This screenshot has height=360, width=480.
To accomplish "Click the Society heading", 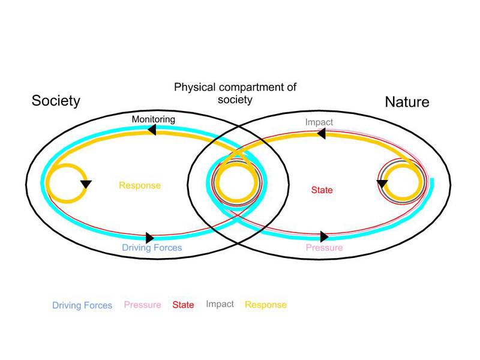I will [x=56, y=100].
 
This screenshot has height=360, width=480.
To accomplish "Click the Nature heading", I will [x=407, y=102].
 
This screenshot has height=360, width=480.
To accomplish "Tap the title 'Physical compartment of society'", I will [x=235, y=93].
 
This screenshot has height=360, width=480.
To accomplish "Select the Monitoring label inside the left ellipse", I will [x=154, y=119].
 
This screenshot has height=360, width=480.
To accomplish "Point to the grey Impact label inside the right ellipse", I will [x=319, y=122].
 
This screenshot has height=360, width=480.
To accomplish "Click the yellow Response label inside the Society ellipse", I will [x=139, y=185].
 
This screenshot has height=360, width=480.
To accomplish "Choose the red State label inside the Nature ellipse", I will [x=322, y=190].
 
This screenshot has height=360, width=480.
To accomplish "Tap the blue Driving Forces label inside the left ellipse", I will [x=152, y=247].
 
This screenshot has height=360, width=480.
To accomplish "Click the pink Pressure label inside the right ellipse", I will [x=324, y=247].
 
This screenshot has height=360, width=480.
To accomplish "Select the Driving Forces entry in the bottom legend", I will [x=82, y=305].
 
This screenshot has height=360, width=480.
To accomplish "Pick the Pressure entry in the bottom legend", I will [x=142, y=305].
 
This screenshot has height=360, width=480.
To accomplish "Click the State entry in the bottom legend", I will [x=183, y=305].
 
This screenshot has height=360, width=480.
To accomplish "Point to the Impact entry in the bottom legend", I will [x=220, y=304].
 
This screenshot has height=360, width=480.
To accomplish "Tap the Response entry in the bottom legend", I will [x=265, y=305].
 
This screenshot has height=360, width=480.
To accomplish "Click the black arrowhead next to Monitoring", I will [x=152, y=129].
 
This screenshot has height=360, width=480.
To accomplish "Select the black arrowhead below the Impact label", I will [x=320, y=135].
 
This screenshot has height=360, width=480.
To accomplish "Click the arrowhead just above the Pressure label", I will [x=325, y=236].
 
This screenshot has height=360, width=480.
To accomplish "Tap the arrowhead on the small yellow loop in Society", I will [x=86, y=184].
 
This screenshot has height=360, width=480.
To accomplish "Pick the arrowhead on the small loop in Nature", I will [x=380, y=183].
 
